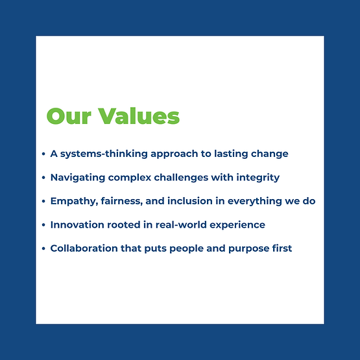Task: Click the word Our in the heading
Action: tap(68, 116)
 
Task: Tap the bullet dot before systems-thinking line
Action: tap(43, 154)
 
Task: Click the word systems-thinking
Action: tap(101, 154)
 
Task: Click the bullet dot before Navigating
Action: tap(43, 178)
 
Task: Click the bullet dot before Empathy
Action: tap(43, 202)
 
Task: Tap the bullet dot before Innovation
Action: tap(43, 225)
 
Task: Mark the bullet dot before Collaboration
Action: tap(43, 248)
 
